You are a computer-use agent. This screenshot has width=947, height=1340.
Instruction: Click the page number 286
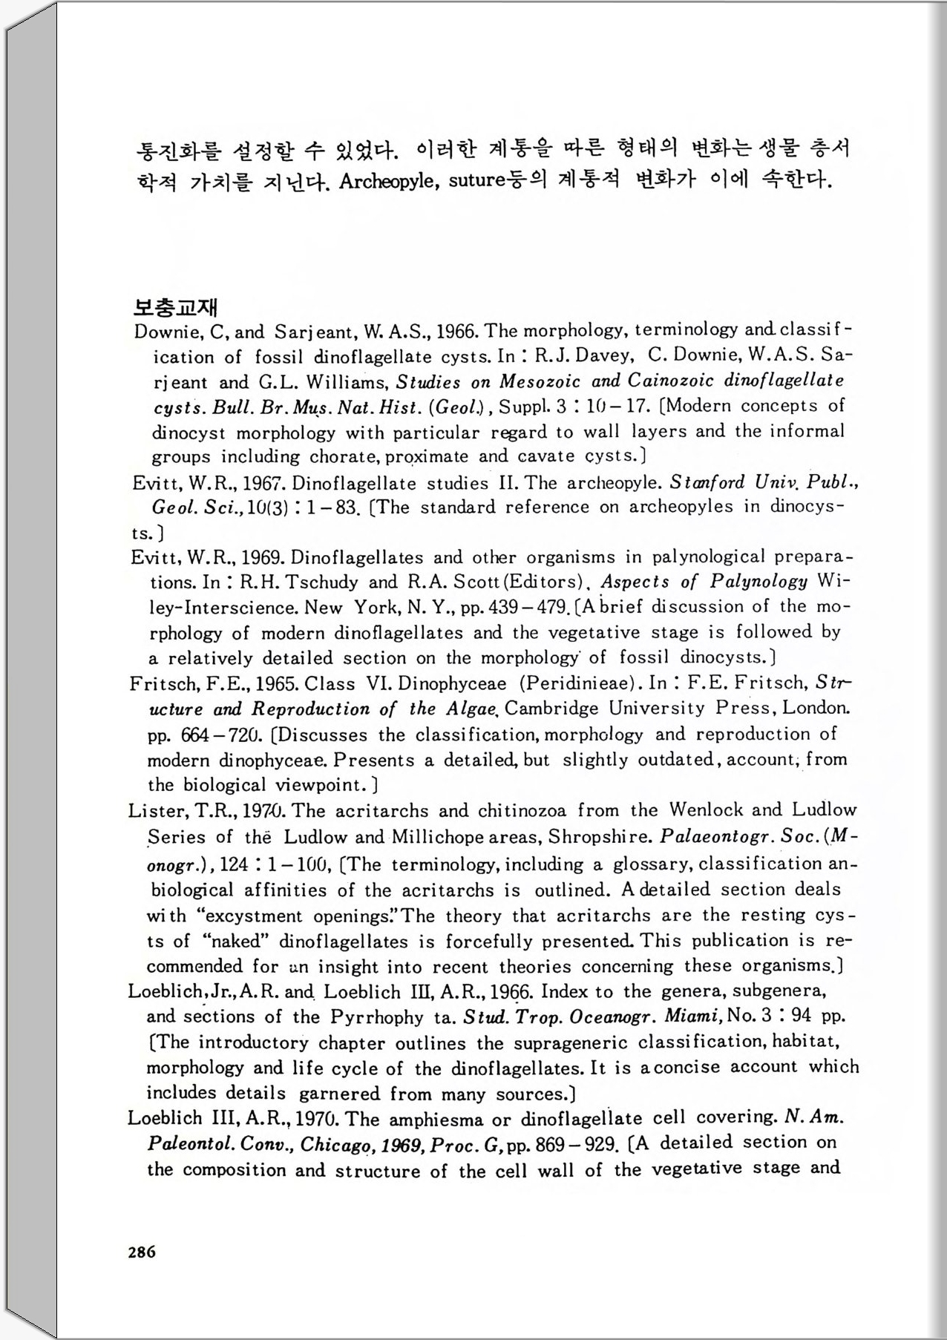pyautogui.click(x=142, y=1252)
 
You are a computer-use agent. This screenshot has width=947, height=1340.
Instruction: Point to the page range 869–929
pyautogui.click(x=576, y=1144)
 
